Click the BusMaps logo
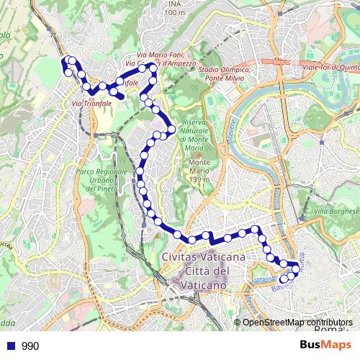[x=325, y=345]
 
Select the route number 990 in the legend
[x=30, y=346]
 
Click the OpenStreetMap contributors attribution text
[x=297, y=323]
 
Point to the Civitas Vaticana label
[x=204, y=257]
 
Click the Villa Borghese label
[x=336, y=211]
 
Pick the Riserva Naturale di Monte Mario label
[x=194, y=135]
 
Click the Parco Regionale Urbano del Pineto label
[x=101, y=180]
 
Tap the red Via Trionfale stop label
[x=91, y=104]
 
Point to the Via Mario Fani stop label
[x=161, y=55]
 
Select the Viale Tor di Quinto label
[x=330, y=68]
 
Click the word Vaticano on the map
[x=206, y=285]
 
